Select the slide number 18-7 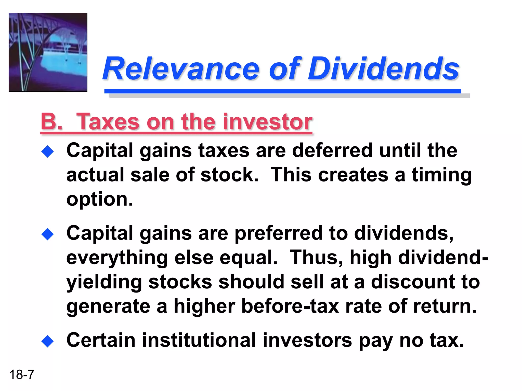(22, 375)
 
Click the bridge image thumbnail (48, 52)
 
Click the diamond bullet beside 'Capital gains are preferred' (48, 234)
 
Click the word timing (442, 175)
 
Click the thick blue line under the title (282, 91)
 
